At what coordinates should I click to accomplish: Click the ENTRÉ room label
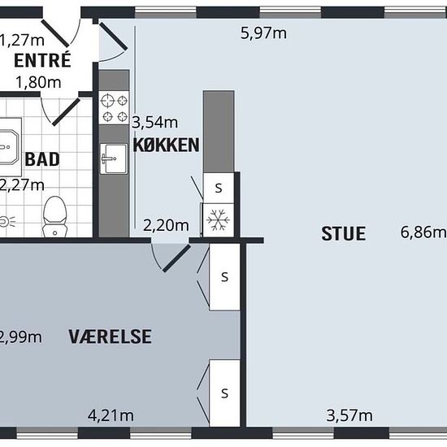42,59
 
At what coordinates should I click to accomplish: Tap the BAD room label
42,159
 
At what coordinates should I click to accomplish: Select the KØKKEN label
166,145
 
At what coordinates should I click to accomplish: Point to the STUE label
344,234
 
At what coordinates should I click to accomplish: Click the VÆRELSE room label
110,336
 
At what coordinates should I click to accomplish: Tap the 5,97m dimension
263,33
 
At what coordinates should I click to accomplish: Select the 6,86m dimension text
423,232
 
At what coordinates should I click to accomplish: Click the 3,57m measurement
349,415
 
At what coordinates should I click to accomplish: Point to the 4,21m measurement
111,415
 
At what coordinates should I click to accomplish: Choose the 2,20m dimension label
166,225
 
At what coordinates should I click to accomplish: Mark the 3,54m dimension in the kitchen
154,123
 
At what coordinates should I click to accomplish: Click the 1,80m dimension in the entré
38,82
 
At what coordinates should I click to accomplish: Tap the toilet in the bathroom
54,217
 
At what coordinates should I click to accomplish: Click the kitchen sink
114,158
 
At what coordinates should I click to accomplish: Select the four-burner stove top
114,108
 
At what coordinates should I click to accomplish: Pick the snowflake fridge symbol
218,219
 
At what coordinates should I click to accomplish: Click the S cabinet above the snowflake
219,188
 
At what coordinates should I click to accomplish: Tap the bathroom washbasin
8,147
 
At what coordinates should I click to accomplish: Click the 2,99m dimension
20,337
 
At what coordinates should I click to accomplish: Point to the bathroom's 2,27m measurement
22,185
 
